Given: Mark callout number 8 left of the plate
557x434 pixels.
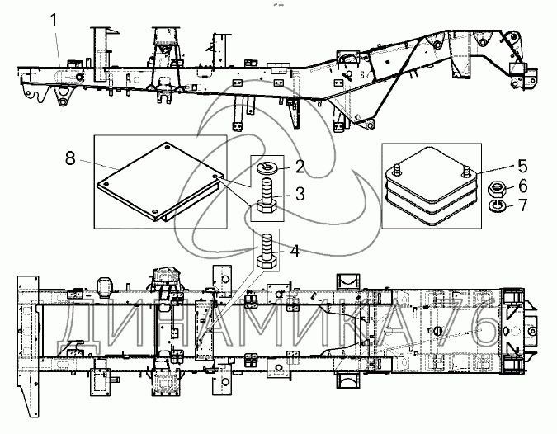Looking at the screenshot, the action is (70, 158).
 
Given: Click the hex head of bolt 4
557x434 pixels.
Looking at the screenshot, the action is (266, 263).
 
